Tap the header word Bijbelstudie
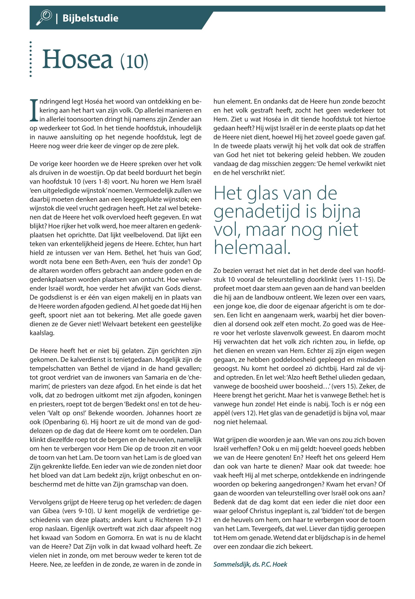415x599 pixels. tap(90, 18)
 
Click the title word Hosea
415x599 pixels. tap(77, 60)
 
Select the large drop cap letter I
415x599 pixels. tap(34, 110)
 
